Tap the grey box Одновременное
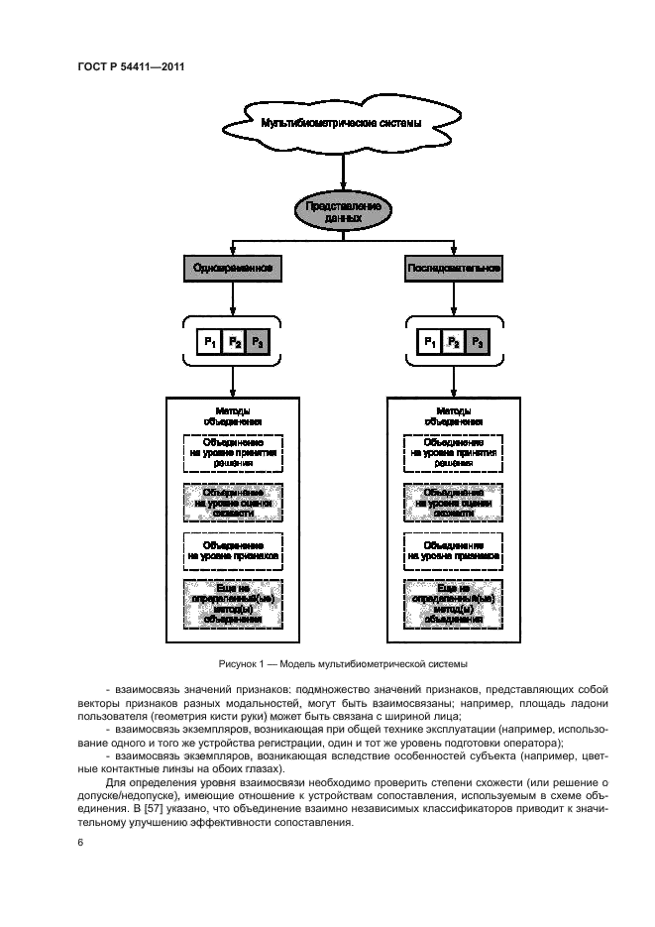coord(233,268)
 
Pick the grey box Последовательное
coord(454,268)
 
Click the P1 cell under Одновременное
coord(210,342)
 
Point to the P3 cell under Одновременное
coord(258,342)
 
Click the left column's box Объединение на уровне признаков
coord(233,550)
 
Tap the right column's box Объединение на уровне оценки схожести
coord(454,502)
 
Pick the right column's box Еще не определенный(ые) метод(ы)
coord(454,603)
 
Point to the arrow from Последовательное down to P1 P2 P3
coord(454,299)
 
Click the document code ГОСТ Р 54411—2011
coord(129,67)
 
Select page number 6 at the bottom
coord(78,843)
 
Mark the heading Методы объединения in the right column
coord(454,415)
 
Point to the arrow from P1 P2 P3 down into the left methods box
coord(233,381)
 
